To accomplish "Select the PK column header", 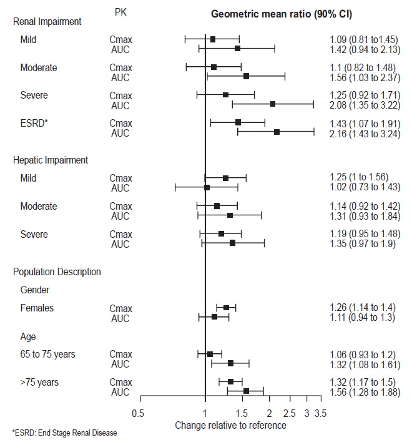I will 122,12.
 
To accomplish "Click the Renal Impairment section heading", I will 48,22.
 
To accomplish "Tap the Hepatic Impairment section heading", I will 51,160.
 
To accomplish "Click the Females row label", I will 37,308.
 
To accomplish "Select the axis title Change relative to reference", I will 231,425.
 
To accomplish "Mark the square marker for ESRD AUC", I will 277,132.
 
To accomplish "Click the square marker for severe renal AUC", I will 273,104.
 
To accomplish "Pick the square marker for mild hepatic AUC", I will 207,187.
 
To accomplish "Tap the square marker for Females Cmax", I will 226,308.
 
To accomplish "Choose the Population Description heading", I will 57,271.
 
